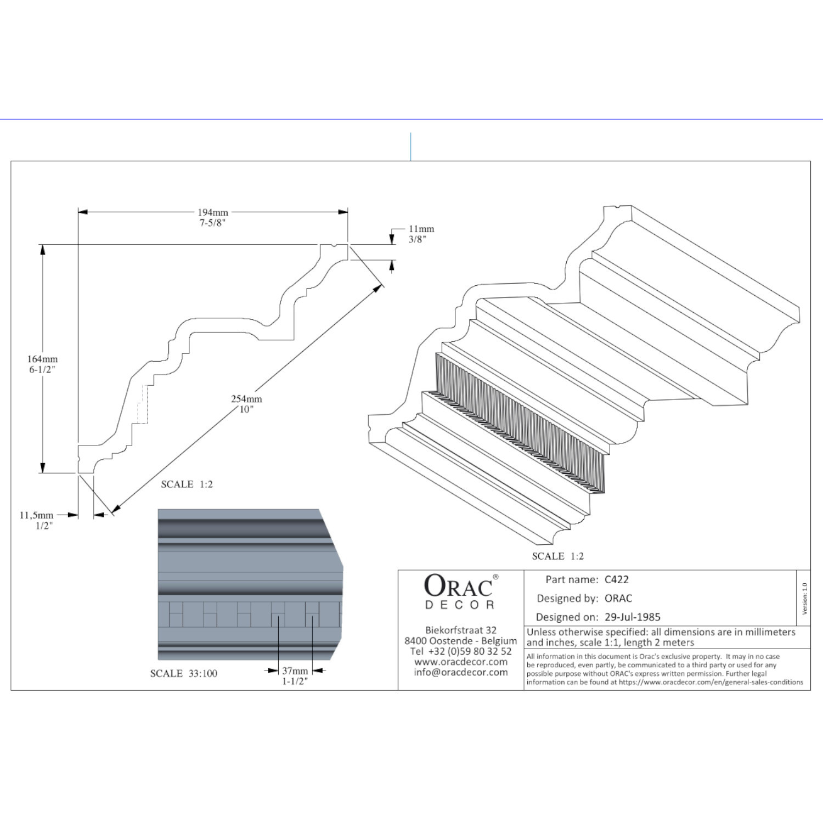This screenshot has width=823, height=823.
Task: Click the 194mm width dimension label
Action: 213,212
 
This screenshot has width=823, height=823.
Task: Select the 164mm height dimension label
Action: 42,359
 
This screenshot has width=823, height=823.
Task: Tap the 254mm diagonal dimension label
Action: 246,399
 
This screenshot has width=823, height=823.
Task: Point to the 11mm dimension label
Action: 421,229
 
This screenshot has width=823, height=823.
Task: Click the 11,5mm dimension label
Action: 36,515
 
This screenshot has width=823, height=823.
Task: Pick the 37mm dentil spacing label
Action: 295,670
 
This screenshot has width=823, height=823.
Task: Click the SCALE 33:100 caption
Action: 184,673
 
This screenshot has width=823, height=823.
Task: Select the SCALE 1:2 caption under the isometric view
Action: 558,556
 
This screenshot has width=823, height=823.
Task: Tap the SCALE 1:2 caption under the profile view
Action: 187,484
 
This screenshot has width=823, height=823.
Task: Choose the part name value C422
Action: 617,579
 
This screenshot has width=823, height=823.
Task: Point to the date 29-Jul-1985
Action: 633,617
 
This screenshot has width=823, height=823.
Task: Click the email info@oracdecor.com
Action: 461,672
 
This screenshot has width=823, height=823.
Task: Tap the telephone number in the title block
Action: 461,651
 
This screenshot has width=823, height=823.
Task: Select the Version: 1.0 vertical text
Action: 805,599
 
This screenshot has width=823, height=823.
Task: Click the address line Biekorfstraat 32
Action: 461,630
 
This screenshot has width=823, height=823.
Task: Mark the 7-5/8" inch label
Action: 213,223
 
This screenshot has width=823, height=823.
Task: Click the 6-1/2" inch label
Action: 42,369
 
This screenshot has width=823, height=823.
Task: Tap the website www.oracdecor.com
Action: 461,662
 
